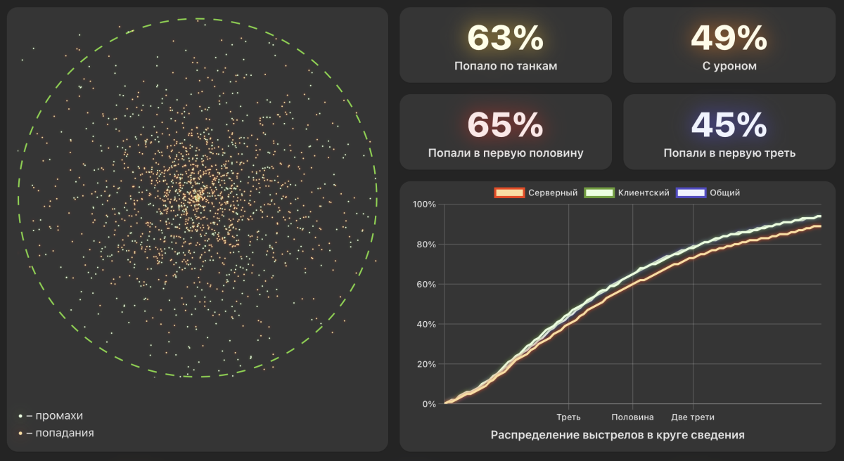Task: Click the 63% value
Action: coord(505,38)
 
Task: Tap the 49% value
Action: coord(729,38)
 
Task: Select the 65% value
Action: coord(505,125)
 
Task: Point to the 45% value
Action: coord(729,125)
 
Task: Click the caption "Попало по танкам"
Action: coord(505,66)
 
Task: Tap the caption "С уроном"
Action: coord(729,66)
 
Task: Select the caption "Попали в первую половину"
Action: coord(505,152)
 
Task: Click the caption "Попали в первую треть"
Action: coord(729,152)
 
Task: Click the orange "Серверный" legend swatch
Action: coord(509,193)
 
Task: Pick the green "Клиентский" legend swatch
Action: coord(600,193)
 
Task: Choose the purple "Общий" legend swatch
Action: coord(690,193)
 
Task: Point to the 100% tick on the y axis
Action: coord(424,204)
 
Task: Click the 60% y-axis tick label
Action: coord(426,285)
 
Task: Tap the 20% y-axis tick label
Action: coord(426,364)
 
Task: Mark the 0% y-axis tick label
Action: coord(428,404)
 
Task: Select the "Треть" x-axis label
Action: coord(568,417)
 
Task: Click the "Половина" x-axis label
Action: coord(632,417)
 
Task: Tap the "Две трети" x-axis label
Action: coord(693,417)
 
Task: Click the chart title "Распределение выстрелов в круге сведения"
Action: coord(617,435)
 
